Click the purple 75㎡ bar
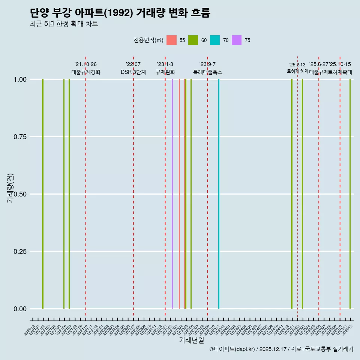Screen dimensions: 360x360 pyautogui.click(x=172, y=194)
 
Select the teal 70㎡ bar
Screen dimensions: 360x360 pyautogui.click(x=219, y=194)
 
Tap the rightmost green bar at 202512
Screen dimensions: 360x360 pyautogui.click(x=350, y=194)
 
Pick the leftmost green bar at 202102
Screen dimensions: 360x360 pyautogui.click(x=43, y=194)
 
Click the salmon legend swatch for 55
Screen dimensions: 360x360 pyautogui.click(x=171, y=40)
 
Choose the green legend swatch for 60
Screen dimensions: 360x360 pyautogui.click(x=193, y=40)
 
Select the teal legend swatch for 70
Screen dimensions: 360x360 pyautogui.click(x=215, y=40)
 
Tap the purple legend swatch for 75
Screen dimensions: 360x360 pyautogui.click(x=237, y=40)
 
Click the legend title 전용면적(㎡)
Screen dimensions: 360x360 pyautogui.click(x=148, y=40)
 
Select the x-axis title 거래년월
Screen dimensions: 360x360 pyautogui.click(x=191, y=340)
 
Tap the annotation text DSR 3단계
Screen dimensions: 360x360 pyautogui.click(x=133, y=72)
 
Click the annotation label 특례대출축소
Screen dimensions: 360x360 pyautogui.click(x=208, y=72)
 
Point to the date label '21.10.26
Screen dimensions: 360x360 pyautogui.click(x=85, y=64)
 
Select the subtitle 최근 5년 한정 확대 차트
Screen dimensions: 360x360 pyautogui.click(x=64, y=24)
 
